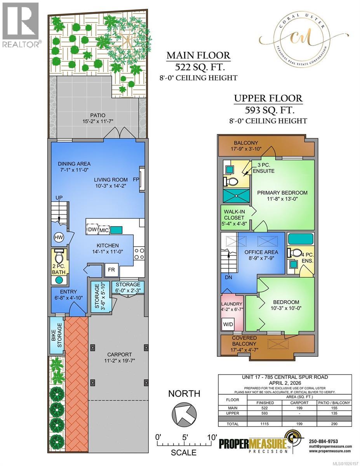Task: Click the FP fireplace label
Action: point(136,180)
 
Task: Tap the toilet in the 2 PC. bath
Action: point(59,257)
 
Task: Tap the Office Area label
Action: point(259,252)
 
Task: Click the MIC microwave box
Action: point(103,230)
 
